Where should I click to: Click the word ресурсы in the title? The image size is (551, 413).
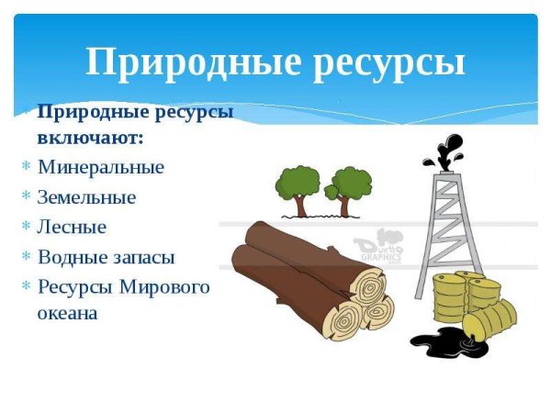pyautogui.click(x=387, y=62)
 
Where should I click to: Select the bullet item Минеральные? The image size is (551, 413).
pyautogui.click(x=101, y=167)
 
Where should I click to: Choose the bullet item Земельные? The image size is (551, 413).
pyautogui.click(x=86, y=196)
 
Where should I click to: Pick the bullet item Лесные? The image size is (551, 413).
pyautogui.click(x=72, y=226)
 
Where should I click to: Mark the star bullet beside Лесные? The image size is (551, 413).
pyautogui.click(x=26, y=227)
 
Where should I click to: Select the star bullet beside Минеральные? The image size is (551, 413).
pyautogui.click(x=26, y=168)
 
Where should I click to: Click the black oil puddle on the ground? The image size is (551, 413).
pyautogui.click(x=437, y=341)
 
